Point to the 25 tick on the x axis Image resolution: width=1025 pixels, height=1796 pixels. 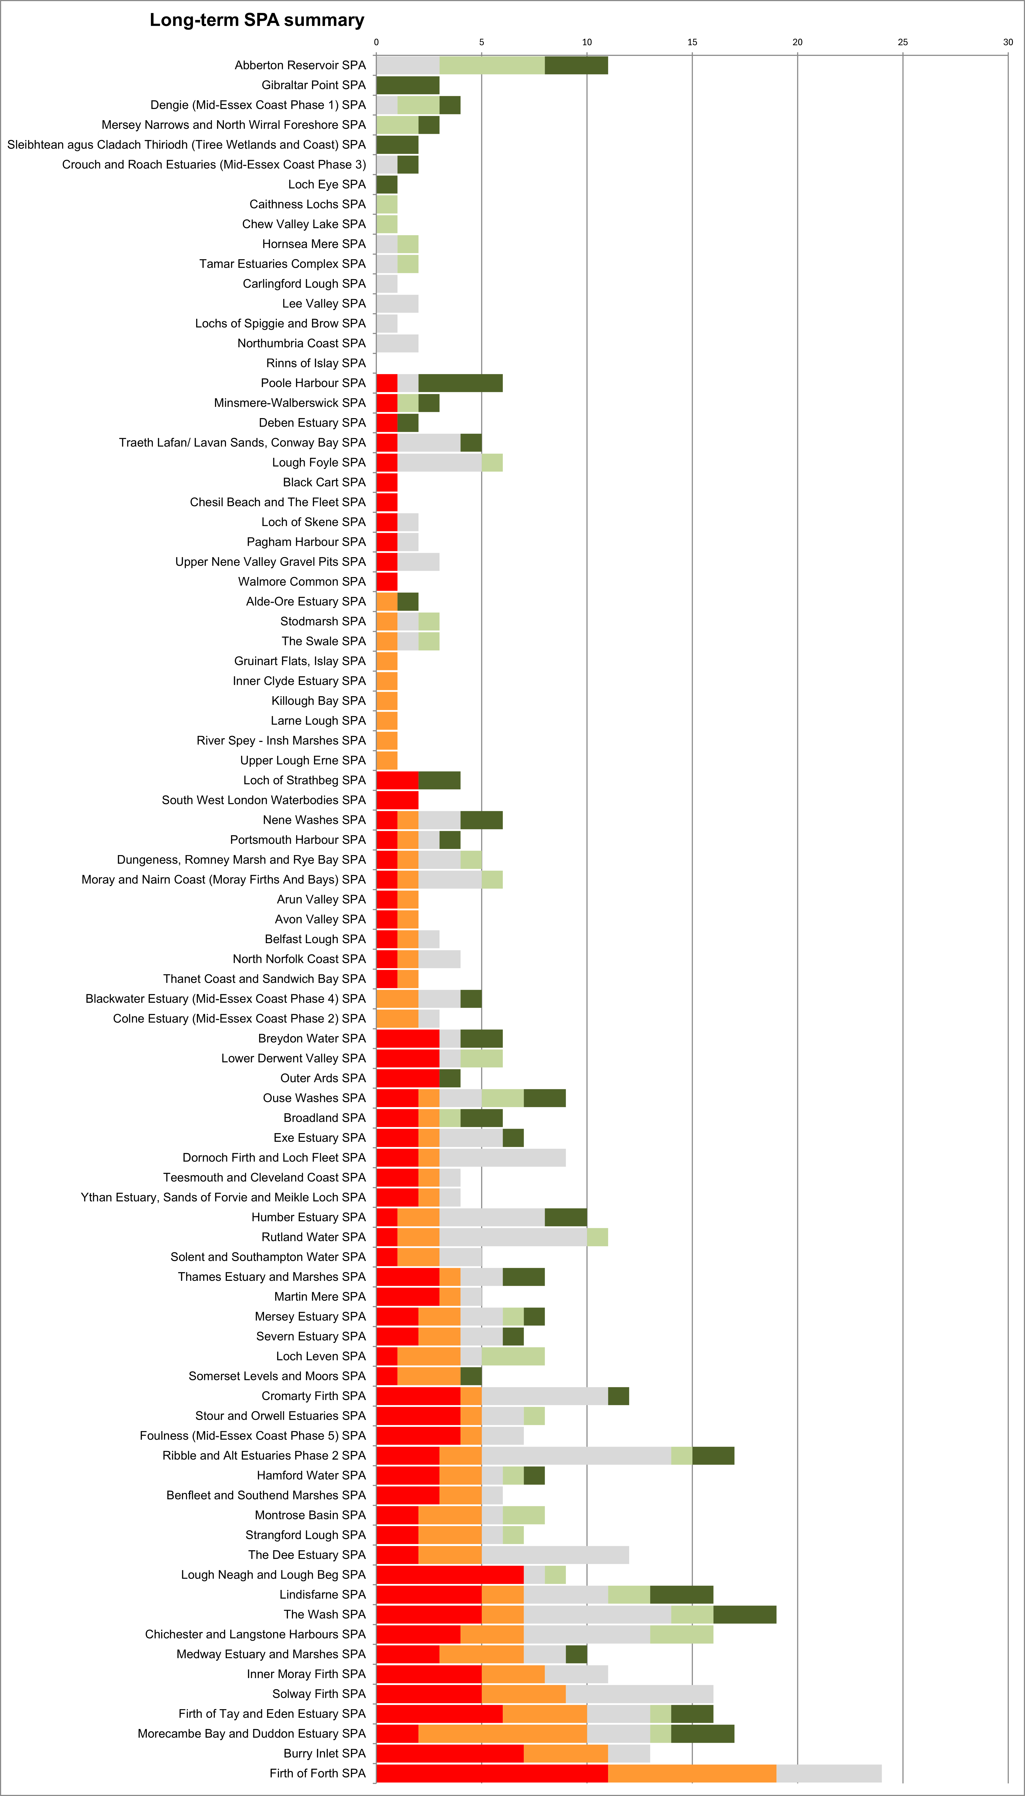click(x=903, y=42)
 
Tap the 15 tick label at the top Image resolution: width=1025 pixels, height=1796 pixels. click(x=692, y=42)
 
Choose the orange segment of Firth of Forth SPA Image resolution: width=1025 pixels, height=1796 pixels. click(x=692, y=1773)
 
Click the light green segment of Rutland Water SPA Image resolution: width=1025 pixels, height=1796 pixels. click(x=597, y=1237)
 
